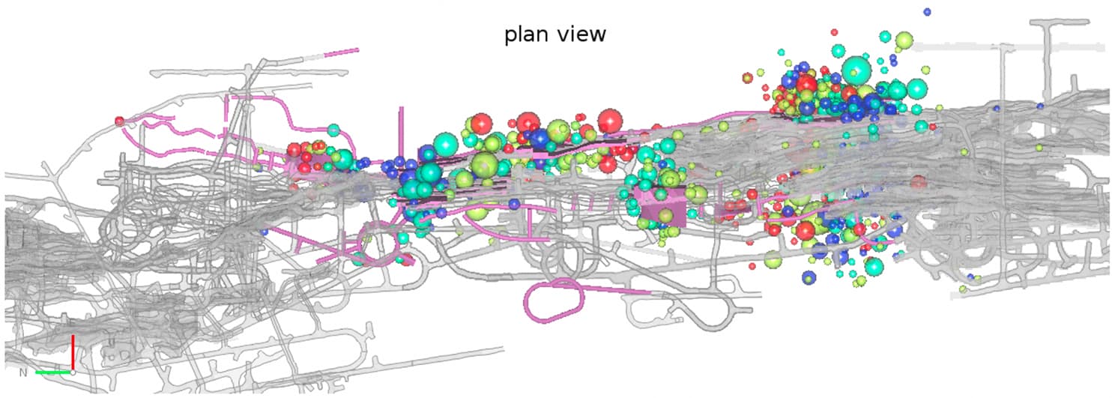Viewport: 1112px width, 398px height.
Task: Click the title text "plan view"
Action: pyautogui.click(x=555, y=34)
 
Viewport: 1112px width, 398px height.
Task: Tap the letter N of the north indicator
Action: pyautogui.click(x=22, y=372)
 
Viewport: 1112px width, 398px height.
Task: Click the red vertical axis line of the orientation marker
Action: pyautogui.click(x=73, y=351)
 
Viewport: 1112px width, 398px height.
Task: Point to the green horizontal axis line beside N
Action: pyautogui.click(x=52, y=372)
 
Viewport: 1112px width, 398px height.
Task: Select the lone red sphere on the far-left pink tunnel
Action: pyautogui.click(x=119, y=121)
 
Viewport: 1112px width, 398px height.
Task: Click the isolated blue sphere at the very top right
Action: pyautogui.click(x=927, y=11)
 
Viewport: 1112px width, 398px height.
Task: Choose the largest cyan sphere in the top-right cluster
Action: pyautogui.click(x=856, y=71)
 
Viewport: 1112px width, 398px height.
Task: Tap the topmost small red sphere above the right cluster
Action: pyautogui.click(x=835, y=32)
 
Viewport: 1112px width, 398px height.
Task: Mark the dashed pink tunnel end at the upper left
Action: pyautogui.click(x=341, y=52)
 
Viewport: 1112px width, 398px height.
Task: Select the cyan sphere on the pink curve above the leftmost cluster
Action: pyautogui.click(x=333, y=129)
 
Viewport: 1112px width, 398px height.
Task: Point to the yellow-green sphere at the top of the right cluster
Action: pyautogui.click(x=904, y=40)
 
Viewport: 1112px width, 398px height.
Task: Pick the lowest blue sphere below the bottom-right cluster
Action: pyautogui.click(x=809, y=277)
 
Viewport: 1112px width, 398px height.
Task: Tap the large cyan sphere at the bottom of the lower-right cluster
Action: pyautogui.click(x=874, y=266)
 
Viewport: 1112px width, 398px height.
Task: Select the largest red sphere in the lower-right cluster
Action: pyautogui.click(x=806, y=230)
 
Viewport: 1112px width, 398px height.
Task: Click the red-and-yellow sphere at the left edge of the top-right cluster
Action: pyautogui.click(x=747, y=77)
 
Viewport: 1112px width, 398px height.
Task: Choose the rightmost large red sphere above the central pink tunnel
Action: pyautogui.click(x=610, y=120)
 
